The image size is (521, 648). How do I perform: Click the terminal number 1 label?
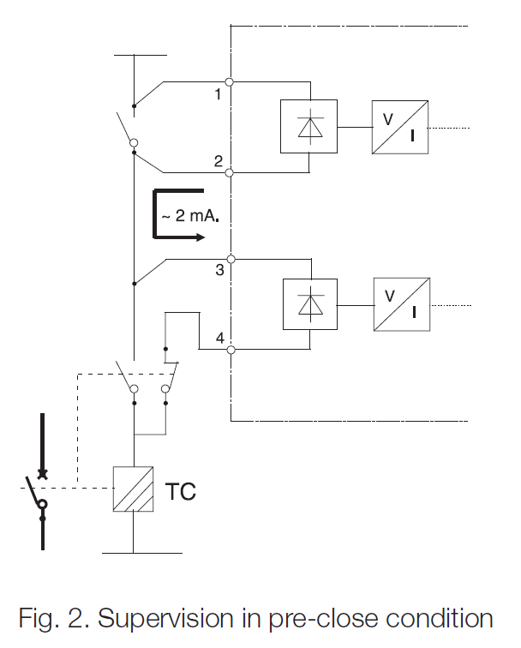coord(219,94)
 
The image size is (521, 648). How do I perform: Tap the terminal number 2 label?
coord(219,161)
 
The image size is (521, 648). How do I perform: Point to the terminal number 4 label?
coord(219,339)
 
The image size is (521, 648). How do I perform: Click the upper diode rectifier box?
coord(308,126)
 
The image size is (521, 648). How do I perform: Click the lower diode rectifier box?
coord(309,304)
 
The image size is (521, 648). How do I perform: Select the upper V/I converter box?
coord(400,127)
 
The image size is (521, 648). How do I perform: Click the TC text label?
coord(180,492)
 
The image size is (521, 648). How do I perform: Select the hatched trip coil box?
coord(134,489)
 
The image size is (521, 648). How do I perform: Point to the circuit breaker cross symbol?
coord(41,473)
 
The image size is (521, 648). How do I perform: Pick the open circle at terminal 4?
coord(231,350)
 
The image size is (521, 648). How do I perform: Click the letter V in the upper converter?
coord(387,119)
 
